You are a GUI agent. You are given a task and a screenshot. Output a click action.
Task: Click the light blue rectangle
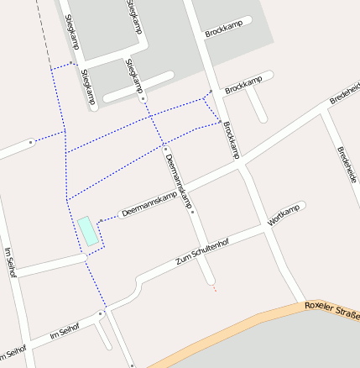click(x=87, y=231)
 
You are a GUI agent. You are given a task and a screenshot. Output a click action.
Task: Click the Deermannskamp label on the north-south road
click(x=180, y=181)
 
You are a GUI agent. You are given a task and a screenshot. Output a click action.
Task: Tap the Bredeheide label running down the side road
click(x=347, y=166)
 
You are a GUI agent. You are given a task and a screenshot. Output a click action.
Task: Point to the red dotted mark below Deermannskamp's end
click(x=215, y=289)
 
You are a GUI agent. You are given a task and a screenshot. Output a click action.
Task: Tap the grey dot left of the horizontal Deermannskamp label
click(x=101, y=220)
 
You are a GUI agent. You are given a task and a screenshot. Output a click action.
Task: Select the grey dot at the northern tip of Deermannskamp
click(x=164, y=149)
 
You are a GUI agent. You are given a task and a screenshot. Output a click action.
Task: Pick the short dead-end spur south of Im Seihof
click(x=103, y=335)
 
